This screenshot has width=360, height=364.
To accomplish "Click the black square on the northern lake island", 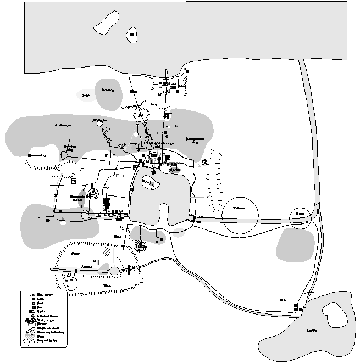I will (132, 36).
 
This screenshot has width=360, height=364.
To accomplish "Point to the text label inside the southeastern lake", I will (312, 331).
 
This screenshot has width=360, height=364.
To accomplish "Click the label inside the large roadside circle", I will (239, 209).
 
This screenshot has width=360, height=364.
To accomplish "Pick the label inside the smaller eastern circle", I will (300, 212).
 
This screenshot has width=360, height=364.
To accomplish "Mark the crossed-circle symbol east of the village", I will (204, 162).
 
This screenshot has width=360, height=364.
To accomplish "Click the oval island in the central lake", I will (149, 182).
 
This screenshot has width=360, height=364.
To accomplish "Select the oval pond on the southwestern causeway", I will (114, 270).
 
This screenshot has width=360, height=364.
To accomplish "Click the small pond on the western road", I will (65, 156).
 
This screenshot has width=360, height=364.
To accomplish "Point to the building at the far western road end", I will (29, 155).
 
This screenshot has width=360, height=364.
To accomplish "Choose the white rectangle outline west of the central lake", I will (119, 176).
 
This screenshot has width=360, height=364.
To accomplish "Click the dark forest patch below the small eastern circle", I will (295, 244).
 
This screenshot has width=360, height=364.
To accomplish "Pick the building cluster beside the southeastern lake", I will (297, 307).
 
